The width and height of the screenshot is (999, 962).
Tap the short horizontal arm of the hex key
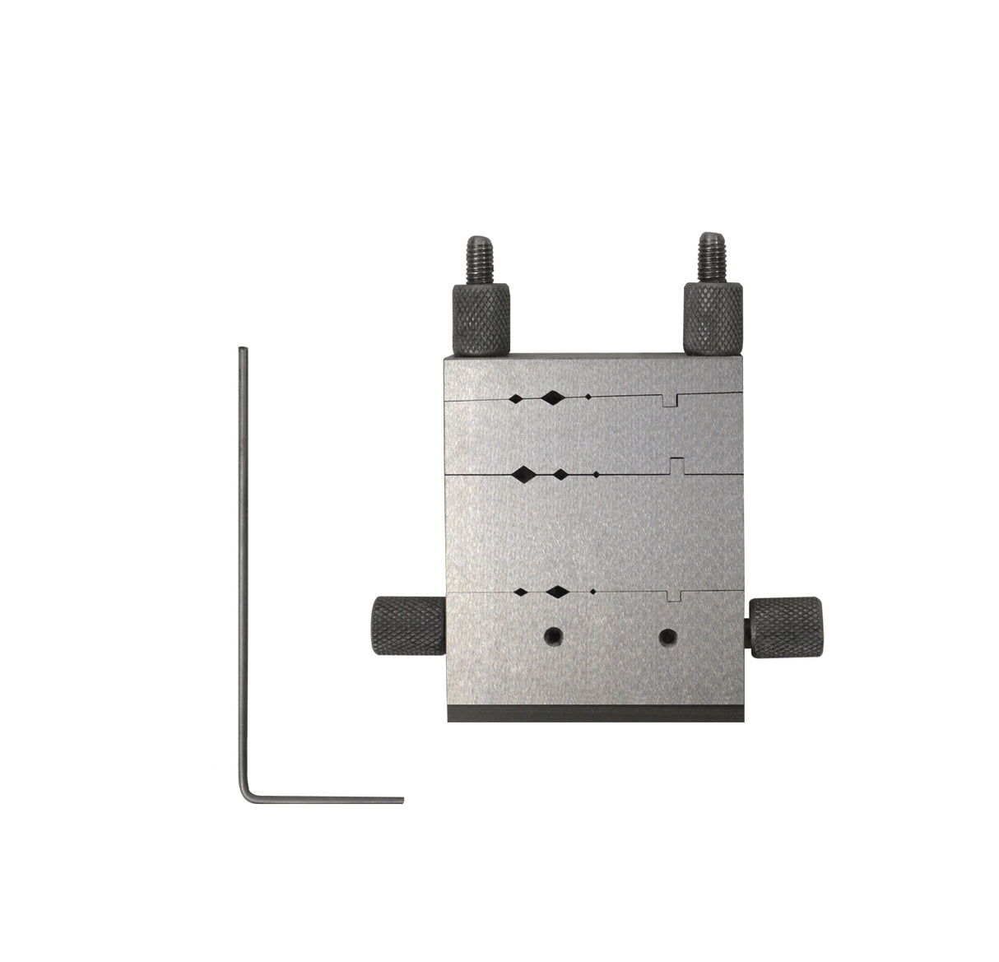point(329,799)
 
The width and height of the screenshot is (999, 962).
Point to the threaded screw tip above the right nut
point(710,254)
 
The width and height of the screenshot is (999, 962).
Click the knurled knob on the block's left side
point(408,626)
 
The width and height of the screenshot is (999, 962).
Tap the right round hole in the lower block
point(669,636)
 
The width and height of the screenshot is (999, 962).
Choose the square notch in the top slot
point(671,400)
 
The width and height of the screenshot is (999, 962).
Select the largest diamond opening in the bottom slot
point(558,591)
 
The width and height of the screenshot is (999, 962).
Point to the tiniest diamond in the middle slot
point(595,475)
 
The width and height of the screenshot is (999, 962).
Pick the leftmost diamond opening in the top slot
point(515,398)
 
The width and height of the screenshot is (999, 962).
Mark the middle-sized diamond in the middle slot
point(560,474)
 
